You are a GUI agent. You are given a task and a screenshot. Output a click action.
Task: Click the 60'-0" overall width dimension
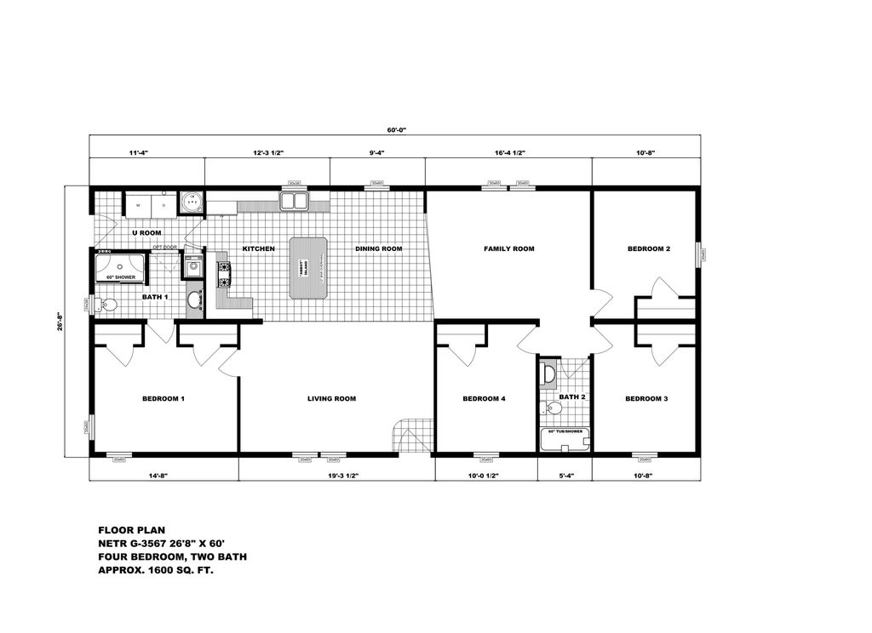click(397, 130)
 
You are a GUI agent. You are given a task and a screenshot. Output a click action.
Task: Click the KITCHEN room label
click(258, 249)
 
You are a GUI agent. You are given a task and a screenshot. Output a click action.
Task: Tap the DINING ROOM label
click(378, 249)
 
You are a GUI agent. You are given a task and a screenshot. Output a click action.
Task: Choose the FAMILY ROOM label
click(508, 249)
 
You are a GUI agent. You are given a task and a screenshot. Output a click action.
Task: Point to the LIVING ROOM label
click(331, 398)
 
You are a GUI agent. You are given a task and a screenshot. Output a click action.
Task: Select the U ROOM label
click(146, 232)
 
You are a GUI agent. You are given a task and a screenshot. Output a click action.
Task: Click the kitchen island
click(308, 268)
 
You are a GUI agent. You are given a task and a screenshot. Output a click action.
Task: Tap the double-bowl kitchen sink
click(295, 201)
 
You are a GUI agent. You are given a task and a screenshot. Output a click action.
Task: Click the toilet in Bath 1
click(106, 304)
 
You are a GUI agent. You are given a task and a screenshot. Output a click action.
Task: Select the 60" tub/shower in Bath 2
click(565, 439)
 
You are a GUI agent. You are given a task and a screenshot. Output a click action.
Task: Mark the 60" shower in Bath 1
click(121, 267)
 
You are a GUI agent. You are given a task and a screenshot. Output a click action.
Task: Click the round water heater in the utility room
click(192, 202)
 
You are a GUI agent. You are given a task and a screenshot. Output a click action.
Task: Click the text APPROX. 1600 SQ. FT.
click(156, 571)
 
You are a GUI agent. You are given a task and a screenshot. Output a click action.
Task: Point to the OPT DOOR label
click(163, 248)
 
